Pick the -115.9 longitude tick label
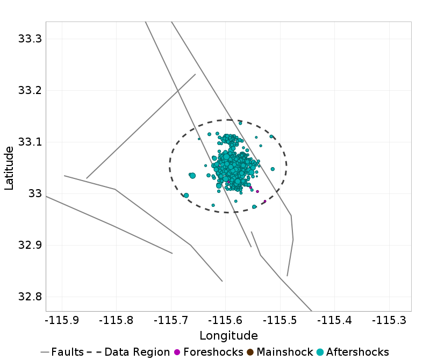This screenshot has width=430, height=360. (62, 321)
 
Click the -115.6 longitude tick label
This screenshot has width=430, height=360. (226, 321)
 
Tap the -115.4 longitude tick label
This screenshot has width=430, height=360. (335, 321)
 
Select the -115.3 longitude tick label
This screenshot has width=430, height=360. (389, 321)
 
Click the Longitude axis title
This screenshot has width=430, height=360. (228, 336)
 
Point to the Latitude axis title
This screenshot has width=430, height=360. (9, 167)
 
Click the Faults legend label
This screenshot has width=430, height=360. (68, 352)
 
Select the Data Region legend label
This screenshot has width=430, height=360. (137, 352)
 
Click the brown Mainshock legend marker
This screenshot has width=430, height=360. (250, 352)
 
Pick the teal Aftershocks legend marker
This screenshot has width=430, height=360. (320, 352)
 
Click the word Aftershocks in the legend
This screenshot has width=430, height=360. (357, 352)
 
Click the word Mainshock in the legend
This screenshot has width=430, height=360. (282, 352)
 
